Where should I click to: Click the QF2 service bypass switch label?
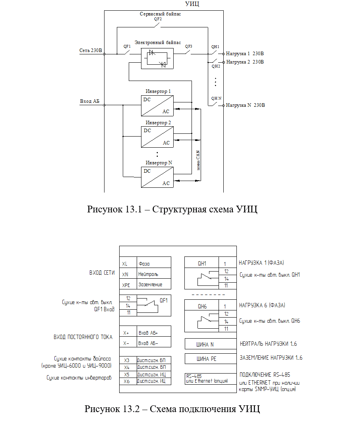(158, 19)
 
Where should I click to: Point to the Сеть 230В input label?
(91, 50)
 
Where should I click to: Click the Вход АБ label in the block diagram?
(89, 101)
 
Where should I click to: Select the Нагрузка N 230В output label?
(245, 105)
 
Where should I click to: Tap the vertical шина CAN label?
(198, 160)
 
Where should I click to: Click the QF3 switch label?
(189, 46)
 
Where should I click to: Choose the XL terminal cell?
(128, 262)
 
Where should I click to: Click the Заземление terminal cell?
(154, 284)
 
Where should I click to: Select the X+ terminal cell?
(128, 331)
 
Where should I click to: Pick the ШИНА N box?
(211, 344)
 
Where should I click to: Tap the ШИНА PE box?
(211, 359)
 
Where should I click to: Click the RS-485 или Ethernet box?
(211, 379)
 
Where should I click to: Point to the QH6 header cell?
(201, 305)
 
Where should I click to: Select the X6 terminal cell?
(128, 382)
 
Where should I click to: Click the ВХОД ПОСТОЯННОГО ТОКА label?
(83, 337)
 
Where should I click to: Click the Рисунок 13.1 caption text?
(172, 209)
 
